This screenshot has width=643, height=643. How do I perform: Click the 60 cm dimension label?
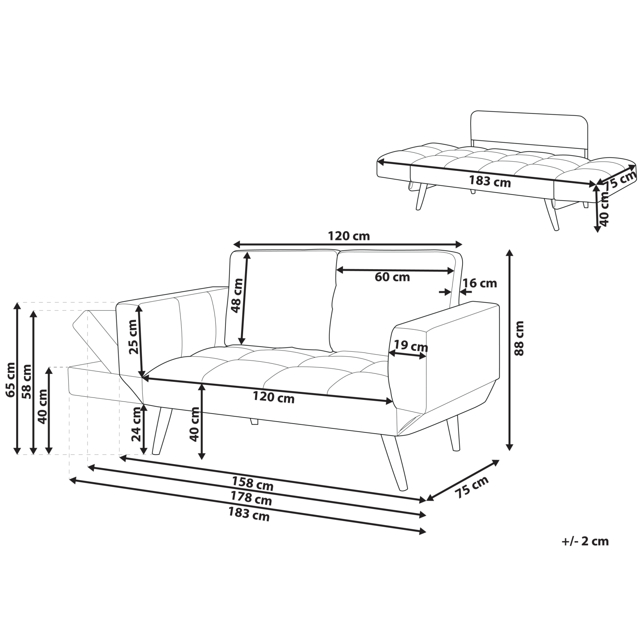[x=392, y=277]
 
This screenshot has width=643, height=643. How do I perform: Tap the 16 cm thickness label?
[x=479, y=283]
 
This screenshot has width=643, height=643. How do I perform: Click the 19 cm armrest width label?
[x=411, y=345]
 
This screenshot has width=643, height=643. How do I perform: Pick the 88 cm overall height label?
[x=519, y=344]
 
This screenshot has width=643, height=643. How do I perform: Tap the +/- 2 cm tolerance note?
[x=585, y=541]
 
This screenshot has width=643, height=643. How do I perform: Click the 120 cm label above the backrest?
[x=348, y=236]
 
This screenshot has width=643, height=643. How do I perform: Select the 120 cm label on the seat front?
[x=273, y=398]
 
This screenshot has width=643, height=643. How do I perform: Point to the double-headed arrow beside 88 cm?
[x=509, y=350]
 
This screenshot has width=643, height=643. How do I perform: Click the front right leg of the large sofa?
[x=394, y=462]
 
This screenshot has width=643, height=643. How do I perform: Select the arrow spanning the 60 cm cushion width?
[x=395, y=270]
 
